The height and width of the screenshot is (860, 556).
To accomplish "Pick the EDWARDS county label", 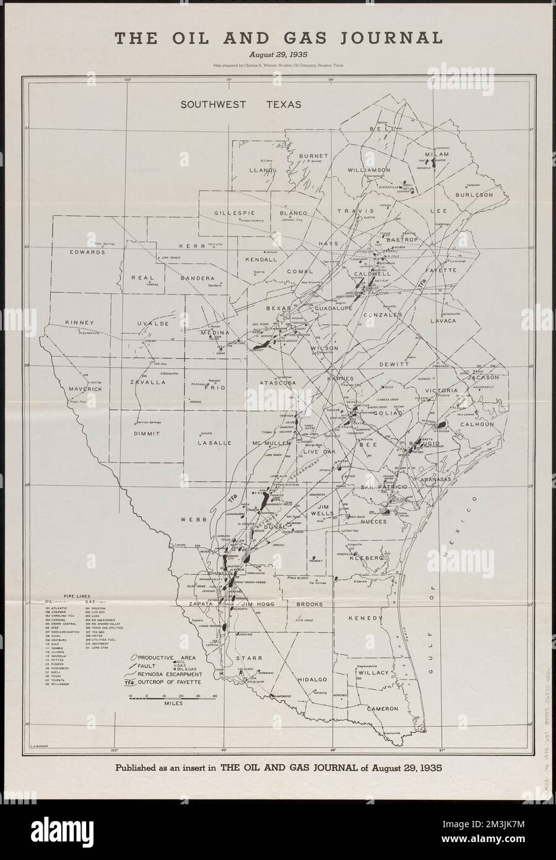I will coord(86,252).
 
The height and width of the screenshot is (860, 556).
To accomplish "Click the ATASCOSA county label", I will coord(278,383).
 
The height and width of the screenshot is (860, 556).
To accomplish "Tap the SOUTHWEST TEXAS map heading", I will coord(241,105).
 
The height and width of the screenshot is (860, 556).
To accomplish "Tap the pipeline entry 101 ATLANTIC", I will coord(72,608).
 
